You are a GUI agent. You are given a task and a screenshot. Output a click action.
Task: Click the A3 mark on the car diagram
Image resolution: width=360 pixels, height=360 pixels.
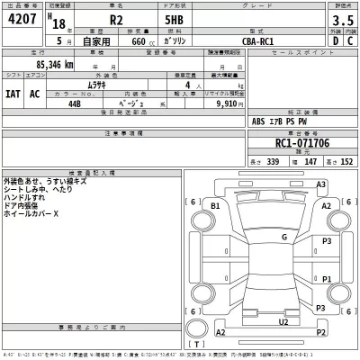click(319, 184)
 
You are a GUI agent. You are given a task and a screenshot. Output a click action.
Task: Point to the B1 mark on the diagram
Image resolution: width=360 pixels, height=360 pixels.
click(215, 207)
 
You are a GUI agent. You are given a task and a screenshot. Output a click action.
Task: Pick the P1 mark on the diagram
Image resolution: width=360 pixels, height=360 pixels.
click(328, 279)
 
